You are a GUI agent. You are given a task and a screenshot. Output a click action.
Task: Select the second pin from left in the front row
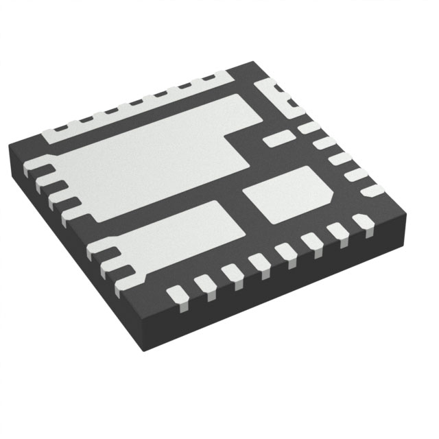203,283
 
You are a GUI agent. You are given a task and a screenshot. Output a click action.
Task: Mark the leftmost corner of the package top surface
9,148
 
